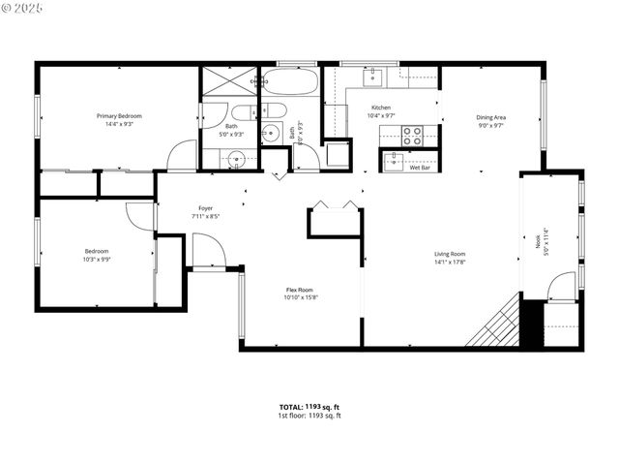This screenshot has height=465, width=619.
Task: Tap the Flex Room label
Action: pos(299,290)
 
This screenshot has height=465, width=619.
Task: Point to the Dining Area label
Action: pos(490,117)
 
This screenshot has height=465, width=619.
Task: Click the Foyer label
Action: pos(205,208)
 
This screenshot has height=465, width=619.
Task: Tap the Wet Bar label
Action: pos(419,168)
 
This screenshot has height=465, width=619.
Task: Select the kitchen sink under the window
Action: pos(373,75)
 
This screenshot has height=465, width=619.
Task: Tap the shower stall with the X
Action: pos(229,81)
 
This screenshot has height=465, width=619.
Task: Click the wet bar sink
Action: pos(392,160)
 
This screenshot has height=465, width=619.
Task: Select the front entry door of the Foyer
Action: pos(207,254)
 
